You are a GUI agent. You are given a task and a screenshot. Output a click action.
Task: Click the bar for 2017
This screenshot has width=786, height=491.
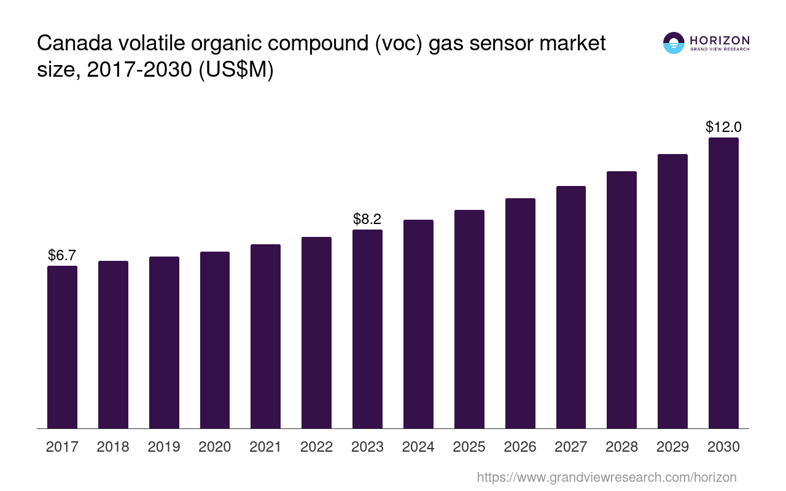coord(62,347)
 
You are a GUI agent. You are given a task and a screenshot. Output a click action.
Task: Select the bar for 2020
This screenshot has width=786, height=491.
coord(215,340)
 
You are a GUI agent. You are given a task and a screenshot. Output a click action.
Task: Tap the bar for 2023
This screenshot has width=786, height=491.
coord(367,329)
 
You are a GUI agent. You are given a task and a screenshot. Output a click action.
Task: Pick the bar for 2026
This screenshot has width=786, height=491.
coord(520,313)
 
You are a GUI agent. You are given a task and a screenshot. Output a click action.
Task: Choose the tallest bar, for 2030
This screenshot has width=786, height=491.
coord(723,283)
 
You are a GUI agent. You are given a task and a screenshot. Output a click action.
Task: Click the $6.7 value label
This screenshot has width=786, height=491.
coord(62,255)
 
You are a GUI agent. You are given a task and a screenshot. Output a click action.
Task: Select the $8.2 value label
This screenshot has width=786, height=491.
coord(367,219)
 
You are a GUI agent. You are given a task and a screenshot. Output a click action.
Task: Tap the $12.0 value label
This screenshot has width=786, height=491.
coord(723,127)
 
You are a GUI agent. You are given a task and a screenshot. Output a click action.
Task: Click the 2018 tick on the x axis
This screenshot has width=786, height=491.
coord(113,447)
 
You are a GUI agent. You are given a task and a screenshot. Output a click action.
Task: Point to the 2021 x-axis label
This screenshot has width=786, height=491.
coord(266,447)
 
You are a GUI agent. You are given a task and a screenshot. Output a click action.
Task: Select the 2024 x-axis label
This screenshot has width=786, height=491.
coord(418,447)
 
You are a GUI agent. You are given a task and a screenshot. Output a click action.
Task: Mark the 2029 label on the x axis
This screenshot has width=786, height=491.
coord(672,447)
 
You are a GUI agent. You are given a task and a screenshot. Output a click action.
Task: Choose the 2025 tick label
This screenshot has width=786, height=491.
coord(469,447)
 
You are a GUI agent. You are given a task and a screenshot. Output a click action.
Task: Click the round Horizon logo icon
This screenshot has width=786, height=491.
coord(674,43)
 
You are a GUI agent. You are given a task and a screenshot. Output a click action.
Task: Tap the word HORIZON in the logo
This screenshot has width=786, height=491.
coord(720,40)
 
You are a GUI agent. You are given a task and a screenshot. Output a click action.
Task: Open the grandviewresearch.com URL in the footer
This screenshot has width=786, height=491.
coord(606,477)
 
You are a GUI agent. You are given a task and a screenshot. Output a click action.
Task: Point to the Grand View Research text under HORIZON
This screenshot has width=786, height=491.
coord(720,50)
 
